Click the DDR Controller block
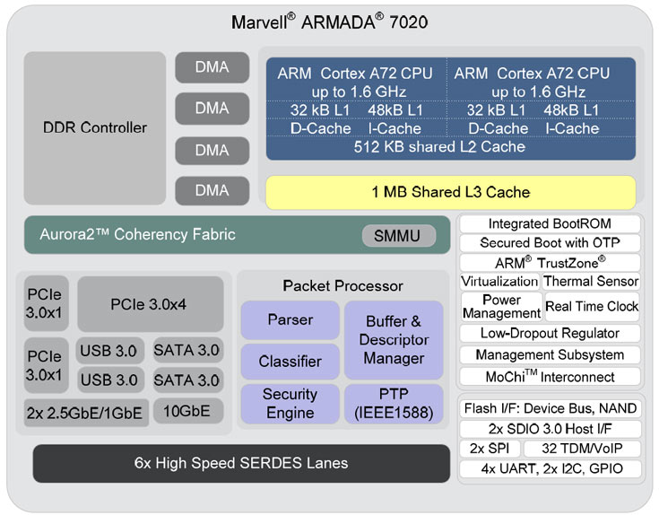(x=94, y=127)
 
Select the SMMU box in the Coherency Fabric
(x=398, y=236)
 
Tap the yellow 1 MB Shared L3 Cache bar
(x=450, y=192)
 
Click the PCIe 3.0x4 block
(x=150, y=303)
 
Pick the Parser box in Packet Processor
(x=290, y=319)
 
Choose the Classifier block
(x=290, y=362)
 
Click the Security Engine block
(x=290, y=404)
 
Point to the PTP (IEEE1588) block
(x=393, y=404)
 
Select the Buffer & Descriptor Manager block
(x=393, y=339)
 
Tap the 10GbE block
(x=187, y=411)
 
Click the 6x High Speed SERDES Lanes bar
(x=241, y=463)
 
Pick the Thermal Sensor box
(x=592, y=282)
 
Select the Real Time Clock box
(x=592, y=306)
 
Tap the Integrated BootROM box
(x=550, y=223)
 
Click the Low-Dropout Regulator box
(x=550, y=333)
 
